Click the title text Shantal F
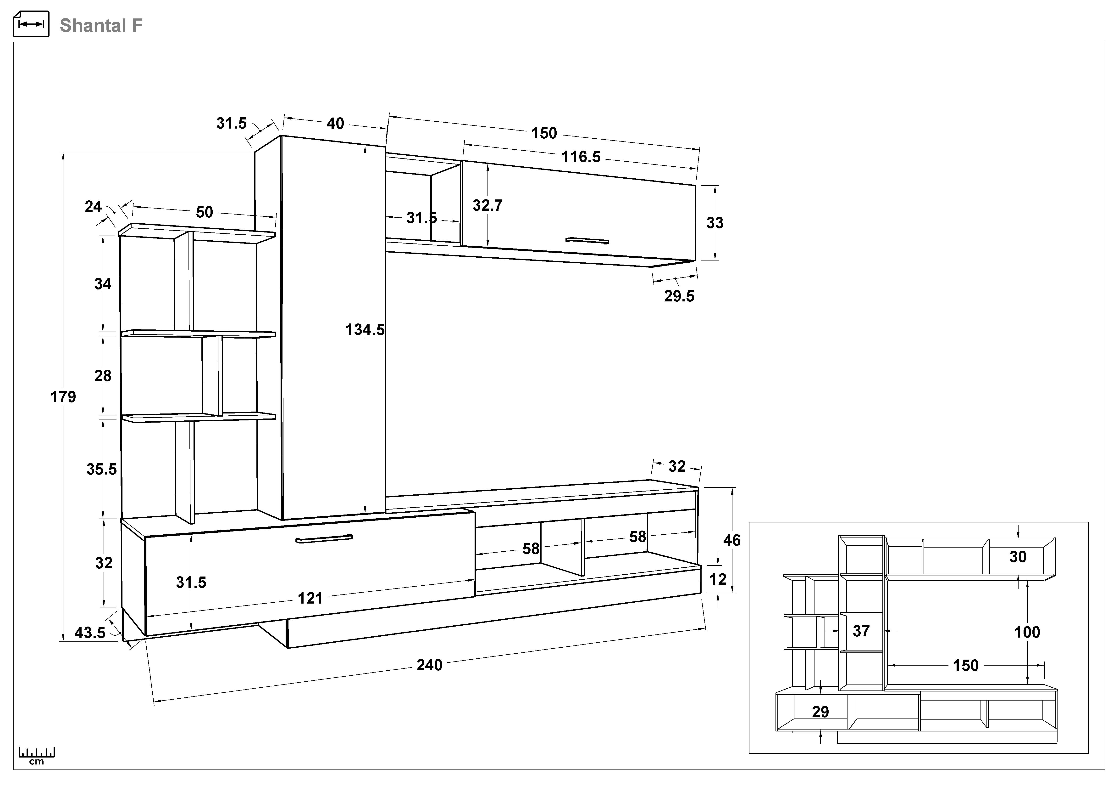click(x=101, y=25)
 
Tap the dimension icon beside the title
click(x=31, y=24)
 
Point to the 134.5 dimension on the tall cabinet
click(x=365, y=330)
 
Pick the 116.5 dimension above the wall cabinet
click(x=581, y=157)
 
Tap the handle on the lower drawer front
click(x=324, y=538)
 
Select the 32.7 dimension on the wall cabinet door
click(x=487, y=205)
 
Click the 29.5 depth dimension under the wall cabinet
click(x=679, y=296)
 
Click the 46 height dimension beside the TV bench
click(x=731, y=540)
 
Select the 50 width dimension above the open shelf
click(x=204, y=212)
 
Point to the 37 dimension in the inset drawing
click(x=861, y=631)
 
